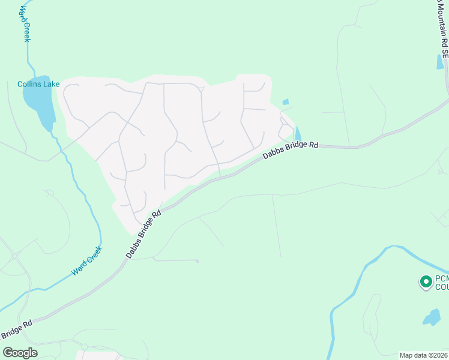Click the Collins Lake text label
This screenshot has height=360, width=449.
(38, 84)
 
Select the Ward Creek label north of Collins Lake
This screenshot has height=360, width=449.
(25, 24)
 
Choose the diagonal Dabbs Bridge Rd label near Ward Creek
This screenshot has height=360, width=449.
(144, 235)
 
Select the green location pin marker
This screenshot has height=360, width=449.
(426, 281)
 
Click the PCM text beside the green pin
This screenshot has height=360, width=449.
(441, 278)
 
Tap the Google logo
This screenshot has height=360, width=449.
(20, 353)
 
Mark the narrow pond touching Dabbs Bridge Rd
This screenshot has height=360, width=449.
(298, 134)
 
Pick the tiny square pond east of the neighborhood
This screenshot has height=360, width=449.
(285, 102)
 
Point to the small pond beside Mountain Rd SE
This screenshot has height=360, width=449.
(440, 62)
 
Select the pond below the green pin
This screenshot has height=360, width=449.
(432, 317)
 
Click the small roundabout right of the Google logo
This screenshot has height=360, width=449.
(84, 347)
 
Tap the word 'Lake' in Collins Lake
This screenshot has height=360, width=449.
(51, 84)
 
